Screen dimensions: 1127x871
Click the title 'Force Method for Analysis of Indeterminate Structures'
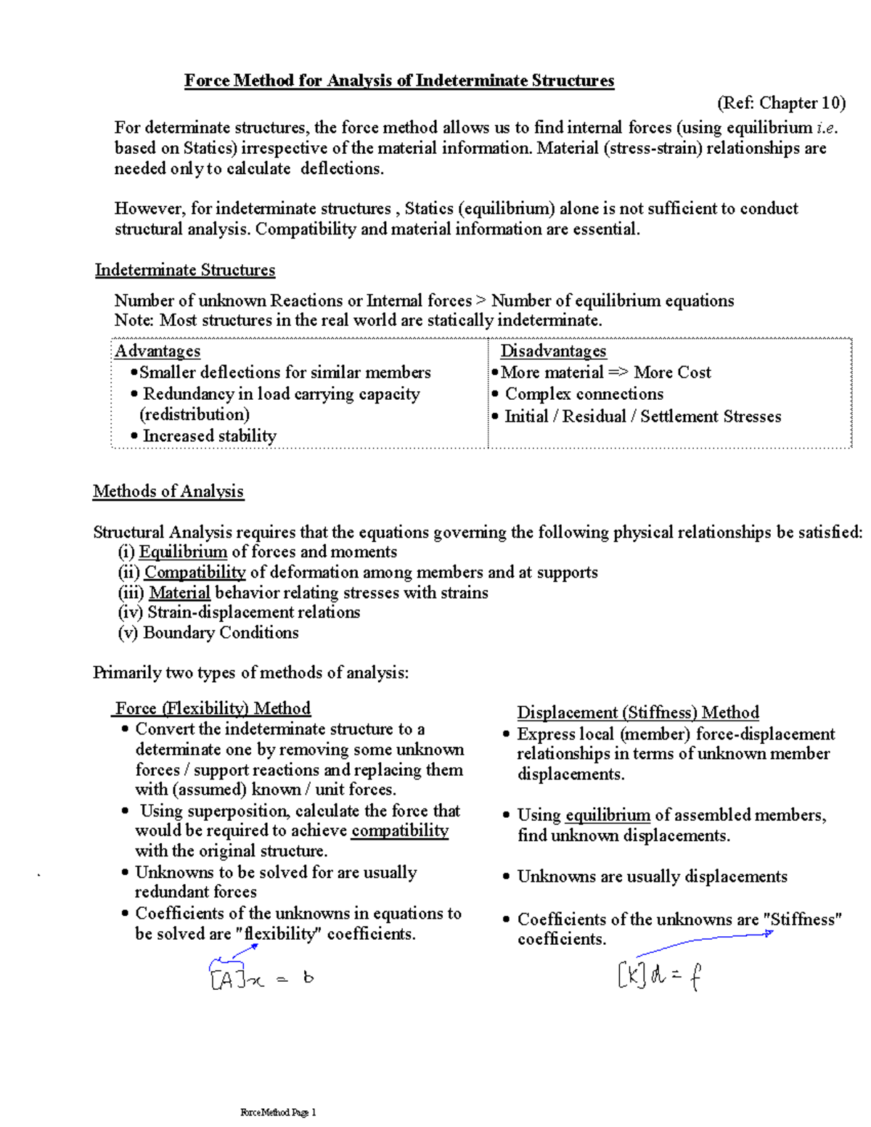398,81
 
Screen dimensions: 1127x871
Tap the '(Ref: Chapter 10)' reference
781,103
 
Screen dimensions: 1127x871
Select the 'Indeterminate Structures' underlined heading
185,271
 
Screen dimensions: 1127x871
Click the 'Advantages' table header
158,351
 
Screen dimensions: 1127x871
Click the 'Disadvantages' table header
553,351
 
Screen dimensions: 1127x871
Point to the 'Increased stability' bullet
209,436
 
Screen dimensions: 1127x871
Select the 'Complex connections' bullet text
584,394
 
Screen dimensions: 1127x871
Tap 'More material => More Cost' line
605,372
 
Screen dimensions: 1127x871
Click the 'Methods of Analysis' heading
168,491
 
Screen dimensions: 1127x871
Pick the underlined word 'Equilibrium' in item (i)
183,552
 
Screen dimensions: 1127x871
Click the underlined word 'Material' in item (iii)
179,593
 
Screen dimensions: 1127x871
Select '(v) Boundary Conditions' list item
208,633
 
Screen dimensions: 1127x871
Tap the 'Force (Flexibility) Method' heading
213,708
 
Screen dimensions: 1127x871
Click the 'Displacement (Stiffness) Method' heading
638,713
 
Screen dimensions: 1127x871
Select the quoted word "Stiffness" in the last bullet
803,919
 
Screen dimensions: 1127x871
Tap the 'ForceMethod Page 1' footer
278,1112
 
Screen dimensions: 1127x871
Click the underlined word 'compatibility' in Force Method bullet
400,831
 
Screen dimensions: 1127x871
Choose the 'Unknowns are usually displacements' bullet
652,877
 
